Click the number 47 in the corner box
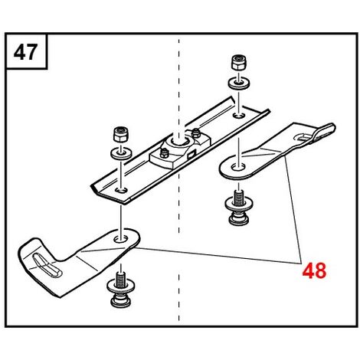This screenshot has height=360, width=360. click(25, 52)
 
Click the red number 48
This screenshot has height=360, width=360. click(314, 270)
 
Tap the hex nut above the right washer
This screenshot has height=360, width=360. click(238, 62)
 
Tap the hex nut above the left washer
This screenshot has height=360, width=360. click(121, 134)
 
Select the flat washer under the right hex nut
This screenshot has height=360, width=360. click(239, 83)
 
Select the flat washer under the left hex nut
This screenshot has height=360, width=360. click(121, 154)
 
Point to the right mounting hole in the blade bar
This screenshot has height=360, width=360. click(238, 116)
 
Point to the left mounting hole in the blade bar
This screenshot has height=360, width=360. click(121, 190)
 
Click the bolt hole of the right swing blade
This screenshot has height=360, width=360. click(237, 168)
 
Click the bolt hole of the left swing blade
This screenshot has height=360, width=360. click(121, 239)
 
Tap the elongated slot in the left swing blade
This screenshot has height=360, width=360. click(47, 266)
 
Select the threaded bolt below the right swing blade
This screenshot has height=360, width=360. click(238, 207)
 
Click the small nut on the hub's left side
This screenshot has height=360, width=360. click(164, 153)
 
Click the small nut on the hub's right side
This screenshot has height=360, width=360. click(196, 133)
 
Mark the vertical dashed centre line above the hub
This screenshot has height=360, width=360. click(178, 86)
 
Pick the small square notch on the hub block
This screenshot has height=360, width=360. click(191, 155)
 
